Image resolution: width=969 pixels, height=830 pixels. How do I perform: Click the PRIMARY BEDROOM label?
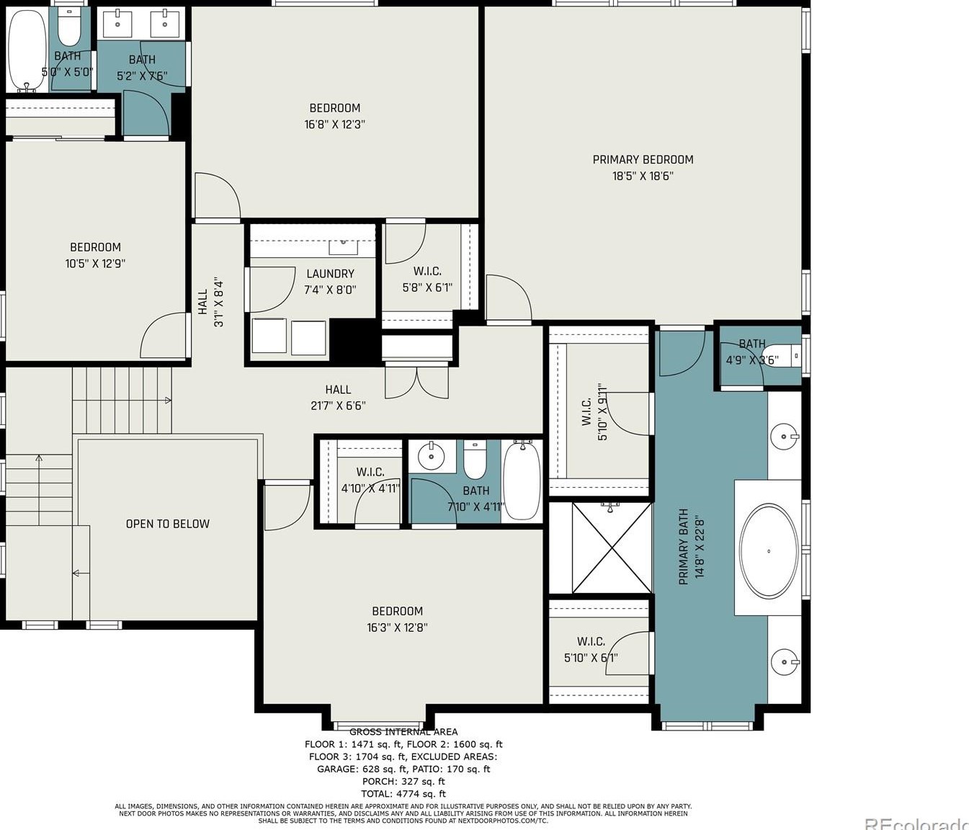(643, 160)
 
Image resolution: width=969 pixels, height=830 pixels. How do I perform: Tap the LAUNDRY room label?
(330, 274)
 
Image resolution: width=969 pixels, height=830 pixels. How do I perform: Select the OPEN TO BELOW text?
(167, 524)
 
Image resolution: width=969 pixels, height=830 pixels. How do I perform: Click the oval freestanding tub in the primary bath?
(769, 551)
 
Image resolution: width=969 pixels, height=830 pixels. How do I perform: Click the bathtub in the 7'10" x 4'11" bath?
(521, 481)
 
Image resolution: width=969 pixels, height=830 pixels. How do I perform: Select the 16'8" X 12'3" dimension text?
(334, 124)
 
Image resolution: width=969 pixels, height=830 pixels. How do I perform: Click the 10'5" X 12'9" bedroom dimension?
(95, 264)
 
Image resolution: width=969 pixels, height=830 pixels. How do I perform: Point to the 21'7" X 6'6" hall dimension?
(338, 406)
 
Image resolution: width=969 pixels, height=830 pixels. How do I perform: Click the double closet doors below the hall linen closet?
(416, 382)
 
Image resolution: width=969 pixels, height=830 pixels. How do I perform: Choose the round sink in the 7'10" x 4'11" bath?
(432, 456)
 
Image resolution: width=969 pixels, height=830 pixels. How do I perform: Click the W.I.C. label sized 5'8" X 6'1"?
(427, 272)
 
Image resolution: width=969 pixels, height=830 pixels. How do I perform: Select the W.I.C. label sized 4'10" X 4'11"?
(370, 472)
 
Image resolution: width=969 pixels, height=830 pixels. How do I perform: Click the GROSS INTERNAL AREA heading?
(403, 732)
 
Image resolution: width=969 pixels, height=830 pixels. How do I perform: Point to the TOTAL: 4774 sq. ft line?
(403, 793)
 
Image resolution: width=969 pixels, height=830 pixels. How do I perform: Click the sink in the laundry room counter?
(344, 246)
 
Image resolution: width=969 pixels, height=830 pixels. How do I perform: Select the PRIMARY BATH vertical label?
(684, 547)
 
